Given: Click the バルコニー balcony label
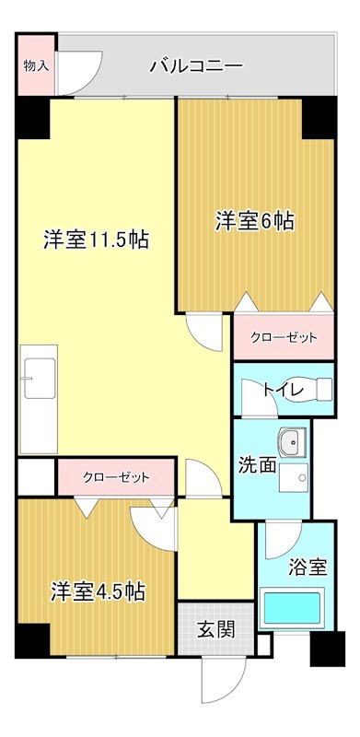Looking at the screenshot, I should pyautogui.click(x=195, y=66).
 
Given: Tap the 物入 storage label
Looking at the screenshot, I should pyautogui.click(x=36, y=65).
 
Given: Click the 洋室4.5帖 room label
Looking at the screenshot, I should pyautogui.click(x=97, y=590).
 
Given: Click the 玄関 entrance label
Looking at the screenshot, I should pyautogui.click(x=215, y=630).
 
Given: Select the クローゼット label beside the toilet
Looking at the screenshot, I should pyautogui.click(x=285, y=338).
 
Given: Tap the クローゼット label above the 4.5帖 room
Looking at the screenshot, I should pyautogui.click(x=116, y=477).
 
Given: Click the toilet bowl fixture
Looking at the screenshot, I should pyautogui.click(x=322, y=390).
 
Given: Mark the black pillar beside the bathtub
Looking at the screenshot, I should pyautogui.click(x=328, y=649).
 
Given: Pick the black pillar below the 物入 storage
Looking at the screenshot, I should pyautogui.click(x=31, y=115).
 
